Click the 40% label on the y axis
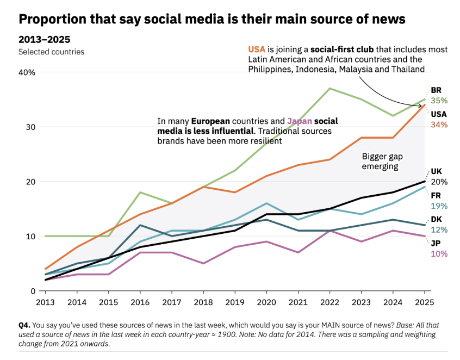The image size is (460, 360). coord(28,72)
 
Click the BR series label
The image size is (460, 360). coord(436,90)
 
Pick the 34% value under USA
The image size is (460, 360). coord(439,125)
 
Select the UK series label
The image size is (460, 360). coord(436,171)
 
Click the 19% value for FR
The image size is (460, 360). coord(439,206)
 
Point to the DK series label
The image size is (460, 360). coord(436,219)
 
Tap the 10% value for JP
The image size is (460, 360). coord(439,253)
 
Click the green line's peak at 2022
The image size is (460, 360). coord(330,88)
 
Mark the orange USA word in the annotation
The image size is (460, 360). coord(258,49)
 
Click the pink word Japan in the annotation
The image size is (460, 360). coord(300,121)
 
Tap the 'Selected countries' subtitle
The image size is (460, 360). coord(52,52)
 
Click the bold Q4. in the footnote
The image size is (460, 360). coord(26,325)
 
